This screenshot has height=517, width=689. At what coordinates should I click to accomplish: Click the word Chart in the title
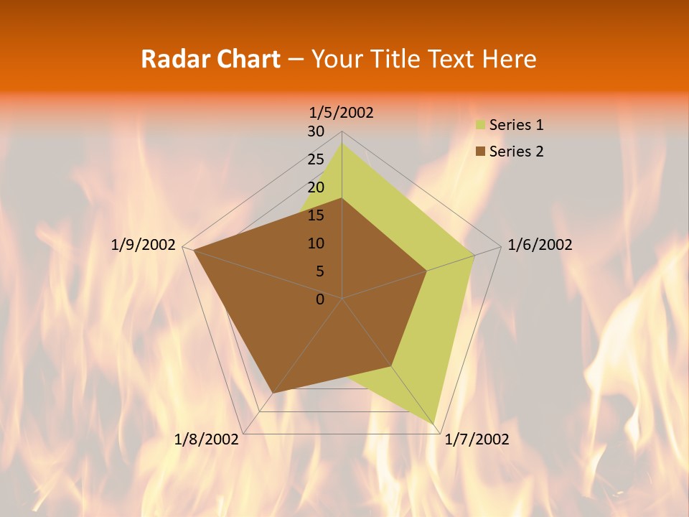pyautogui.click(x=244, y=59)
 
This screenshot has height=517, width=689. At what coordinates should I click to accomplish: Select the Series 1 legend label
pyautogui.click(x=516, y=125)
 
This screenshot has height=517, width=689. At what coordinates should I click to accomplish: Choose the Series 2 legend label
pyautogui.click(x=516, y=152)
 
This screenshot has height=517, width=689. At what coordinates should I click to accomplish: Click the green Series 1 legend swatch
pyautogui.click(x=480, y=125)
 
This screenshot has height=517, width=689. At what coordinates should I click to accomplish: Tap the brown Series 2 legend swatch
pyautogui.click(x=480, y=152)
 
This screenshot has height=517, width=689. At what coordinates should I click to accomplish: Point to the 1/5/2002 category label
pyautogui.click(x=342, y=112)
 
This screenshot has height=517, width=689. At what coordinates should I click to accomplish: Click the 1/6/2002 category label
pyautogui.click(x=540, y=245)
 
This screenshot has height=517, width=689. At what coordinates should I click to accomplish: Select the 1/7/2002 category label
pyautogui.click(x=477, y=439)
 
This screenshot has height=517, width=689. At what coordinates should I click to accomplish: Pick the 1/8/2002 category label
pyautogui.click(x=207, y=439)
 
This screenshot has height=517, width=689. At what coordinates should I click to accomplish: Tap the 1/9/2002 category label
pyautogui.click(x=144, y=245)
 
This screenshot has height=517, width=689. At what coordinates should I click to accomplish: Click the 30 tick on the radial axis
pyautogui.click(x=316, y=131)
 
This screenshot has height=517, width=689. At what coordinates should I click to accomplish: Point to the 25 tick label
pyautogui.click(x=316, y=159)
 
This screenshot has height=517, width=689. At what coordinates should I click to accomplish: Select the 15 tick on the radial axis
pyautogui.click(x=316, y=215)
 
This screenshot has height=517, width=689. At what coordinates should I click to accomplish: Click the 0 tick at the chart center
pyautogui.click(x=320, y=299)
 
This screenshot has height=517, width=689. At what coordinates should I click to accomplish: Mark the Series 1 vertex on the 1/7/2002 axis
pyautogui.click(x=434, y=424)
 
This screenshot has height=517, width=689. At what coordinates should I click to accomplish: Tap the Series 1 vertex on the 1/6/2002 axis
pyautogui.click(x=474, y=255)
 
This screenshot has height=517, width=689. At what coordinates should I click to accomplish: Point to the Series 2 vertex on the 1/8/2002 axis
pyautogui.click(x=273, y=393)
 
